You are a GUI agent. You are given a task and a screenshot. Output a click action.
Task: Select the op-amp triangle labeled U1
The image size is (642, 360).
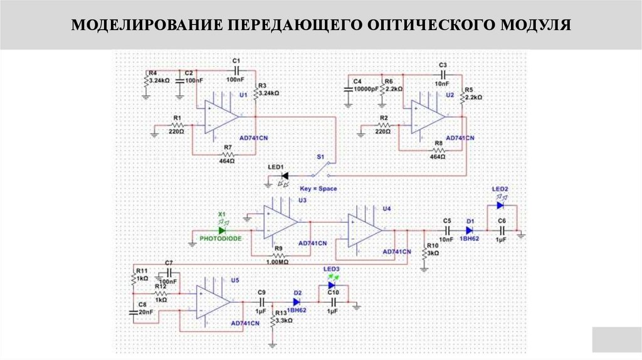click(x=220, y=118)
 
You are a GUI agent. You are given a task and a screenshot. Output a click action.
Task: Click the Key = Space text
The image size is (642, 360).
click(x=318, y=188)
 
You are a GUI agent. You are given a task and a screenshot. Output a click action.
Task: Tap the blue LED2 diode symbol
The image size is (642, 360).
click(x=500, y=204)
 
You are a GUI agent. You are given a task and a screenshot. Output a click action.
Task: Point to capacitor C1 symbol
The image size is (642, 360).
click(x=236, y=70)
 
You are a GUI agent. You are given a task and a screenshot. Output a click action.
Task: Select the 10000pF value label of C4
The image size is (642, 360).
click(x=366, y=90)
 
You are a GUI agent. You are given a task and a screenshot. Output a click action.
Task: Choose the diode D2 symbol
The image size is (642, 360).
click(x=297, y=302)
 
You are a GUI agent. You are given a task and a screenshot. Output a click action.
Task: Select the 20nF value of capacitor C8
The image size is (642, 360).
click(x=145, y=312)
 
